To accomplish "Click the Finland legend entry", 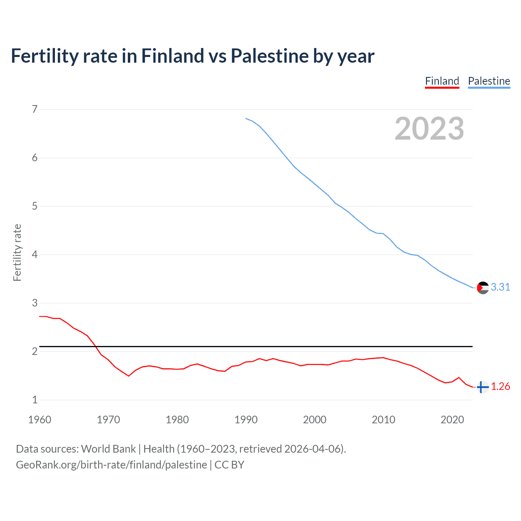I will coord(442,81).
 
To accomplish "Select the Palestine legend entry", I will coord(489,81).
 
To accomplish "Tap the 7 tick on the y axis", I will coord(35,109).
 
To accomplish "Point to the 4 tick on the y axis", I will coord(35,255).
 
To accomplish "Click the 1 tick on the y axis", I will coord(35,400).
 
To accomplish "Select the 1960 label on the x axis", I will coord(39,420).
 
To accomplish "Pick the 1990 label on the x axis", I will coord(246,420).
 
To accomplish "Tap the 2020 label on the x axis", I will coord(452,420).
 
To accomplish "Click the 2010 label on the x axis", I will coord(383,420).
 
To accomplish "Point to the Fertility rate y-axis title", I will coord(17,252).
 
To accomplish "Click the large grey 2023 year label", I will coord(429,129).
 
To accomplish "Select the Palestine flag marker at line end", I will coord(482,287).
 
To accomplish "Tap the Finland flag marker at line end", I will coord(482,387).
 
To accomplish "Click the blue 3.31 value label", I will coord(500,287).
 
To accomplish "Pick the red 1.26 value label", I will coord(500,387).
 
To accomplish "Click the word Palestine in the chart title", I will coord(269,56).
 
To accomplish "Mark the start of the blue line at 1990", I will coord(246,118).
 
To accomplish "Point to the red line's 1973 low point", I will coord(129,376).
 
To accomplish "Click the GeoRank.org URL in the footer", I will coord(111,465).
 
